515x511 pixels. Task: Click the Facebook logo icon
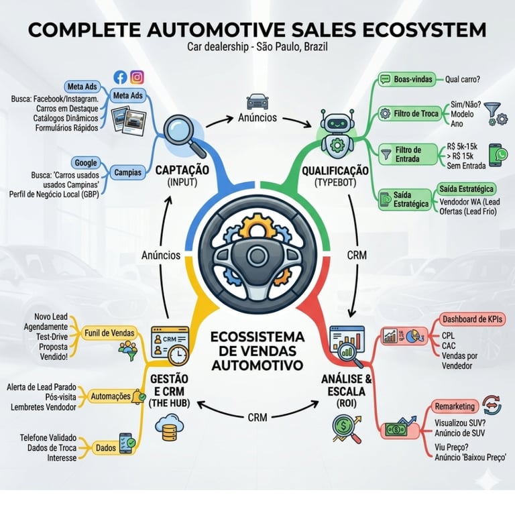[x=121, y=77]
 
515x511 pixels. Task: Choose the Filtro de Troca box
[x=416, y=114]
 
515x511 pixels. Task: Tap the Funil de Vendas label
[x=111, y=333]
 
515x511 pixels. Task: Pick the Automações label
[x=110, y=396]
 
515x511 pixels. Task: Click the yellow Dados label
[x=104, y=447]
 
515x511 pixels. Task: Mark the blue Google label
[x=86, y=163]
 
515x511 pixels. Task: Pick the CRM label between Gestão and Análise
[x=257, y=417]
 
